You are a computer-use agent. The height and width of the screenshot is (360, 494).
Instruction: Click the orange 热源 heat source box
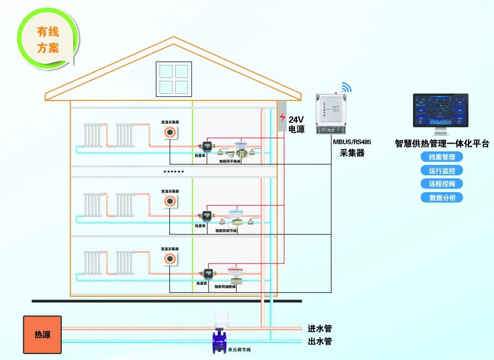(x=42, y=334)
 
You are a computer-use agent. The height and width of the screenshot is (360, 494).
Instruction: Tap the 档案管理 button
(x=442, y=157)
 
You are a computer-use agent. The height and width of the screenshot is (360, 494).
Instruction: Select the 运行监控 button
(x=442, y=171)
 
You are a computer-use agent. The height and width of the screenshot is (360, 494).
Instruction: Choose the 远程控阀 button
(x=442, y=184)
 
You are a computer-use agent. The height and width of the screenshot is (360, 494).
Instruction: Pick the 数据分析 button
(x=442, y=198)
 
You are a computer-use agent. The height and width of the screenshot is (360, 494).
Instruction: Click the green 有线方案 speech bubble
(x=48, y=40)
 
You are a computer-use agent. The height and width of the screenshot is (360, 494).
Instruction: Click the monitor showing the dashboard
(x=440, y=111)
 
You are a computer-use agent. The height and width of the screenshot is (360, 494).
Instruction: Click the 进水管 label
(x=319, y=328)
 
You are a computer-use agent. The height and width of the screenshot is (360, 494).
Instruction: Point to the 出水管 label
(x=319, y=341)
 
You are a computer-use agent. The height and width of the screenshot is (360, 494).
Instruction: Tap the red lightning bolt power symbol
(x=283, y=117)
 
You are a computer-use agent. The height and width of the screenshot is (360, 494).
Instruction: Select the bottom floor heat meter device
(x=208, y=274)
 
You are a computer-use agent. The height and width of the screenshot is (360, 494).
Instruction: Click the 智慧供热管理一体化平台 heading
(x=442, y=144)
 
